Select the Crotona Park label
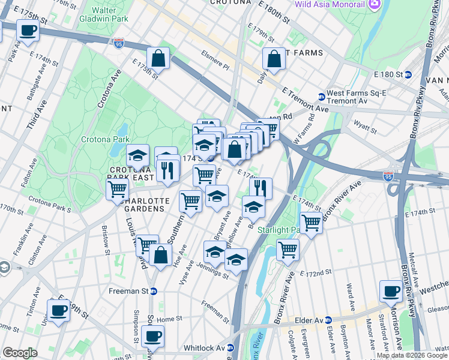pyautogui.click(x=106, y=139)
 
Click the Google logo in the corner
pyautogui.click(x=20, y=353)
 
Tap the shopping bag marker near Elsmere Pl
pyautogui.click(x=158, y=59)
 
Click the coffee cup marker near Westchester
pyautogui.click(x=391, y=291)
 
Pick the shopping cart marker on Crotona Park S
pyautogui.click(x=116, y=190)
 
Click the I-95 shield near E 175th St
pyautogui.click(x=119, y=43)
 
